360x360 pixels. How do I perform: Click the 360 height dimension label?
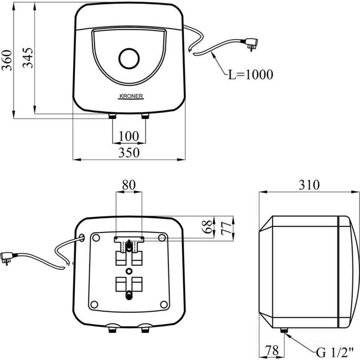pos(7,60)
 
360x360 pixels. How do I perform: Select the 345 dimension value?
pos(28,58)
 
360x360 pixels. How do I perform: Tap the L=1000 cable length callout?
pos(251,75)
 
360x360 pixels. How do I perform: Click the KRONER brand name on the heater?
pos(131,96)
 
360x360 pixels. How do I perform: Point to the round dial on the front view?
pos(129,58)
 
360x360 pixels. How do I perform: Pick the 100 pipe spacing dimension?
pos(129,136)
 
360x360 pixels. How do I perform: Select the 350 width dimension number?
pos(129,153)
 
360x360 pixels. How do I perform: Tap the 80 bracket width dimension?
pos(129,185)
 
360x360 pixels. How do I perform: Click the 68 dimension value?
pos(208,227)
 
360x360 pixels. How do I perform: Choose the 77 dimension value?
pos(226,228)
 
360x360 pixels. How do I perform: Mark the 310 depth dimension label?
pos(309,185)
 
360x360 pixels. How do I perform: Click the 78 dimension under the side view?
pos(272,351)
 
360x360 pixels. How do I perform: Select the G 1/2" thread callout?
pos(335,352)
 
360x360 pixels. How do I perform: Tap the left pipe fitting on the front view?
pos(112,116)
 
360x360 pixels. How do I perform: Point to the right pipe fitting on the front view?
pos(145,116)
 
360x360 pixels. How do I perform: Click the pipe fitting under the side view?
pos(284,330)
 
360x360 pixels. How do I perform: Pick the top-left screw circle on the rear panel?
pos(96,238)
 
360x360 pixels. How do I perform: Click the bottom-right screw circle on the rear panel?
pos(164,305)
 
